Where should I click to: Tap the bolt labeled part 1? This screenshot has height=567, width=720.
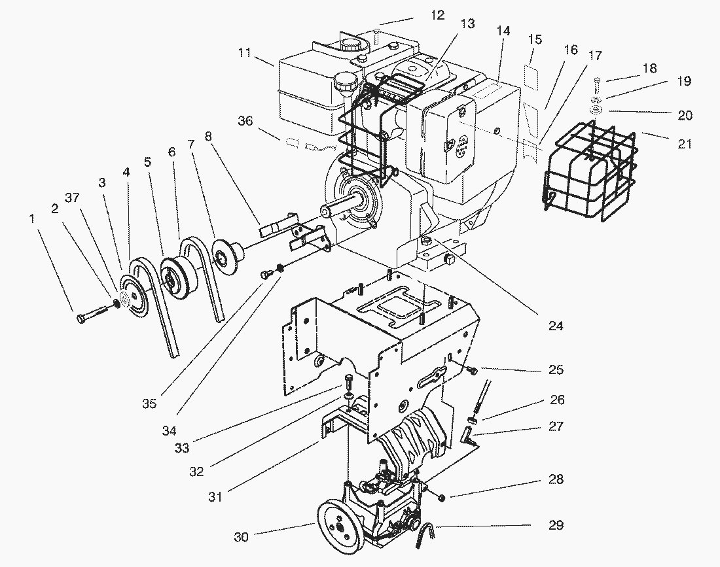[91, 314]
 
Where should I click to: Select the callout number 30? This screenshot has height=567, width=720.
[240, 537]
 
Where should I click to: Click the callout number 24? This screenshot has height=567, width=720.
[556, 325]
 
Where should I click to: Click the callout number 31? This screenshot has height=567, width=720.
[215, 496]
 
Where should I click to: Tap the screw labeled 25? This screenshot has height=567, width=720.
[471, 371]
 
